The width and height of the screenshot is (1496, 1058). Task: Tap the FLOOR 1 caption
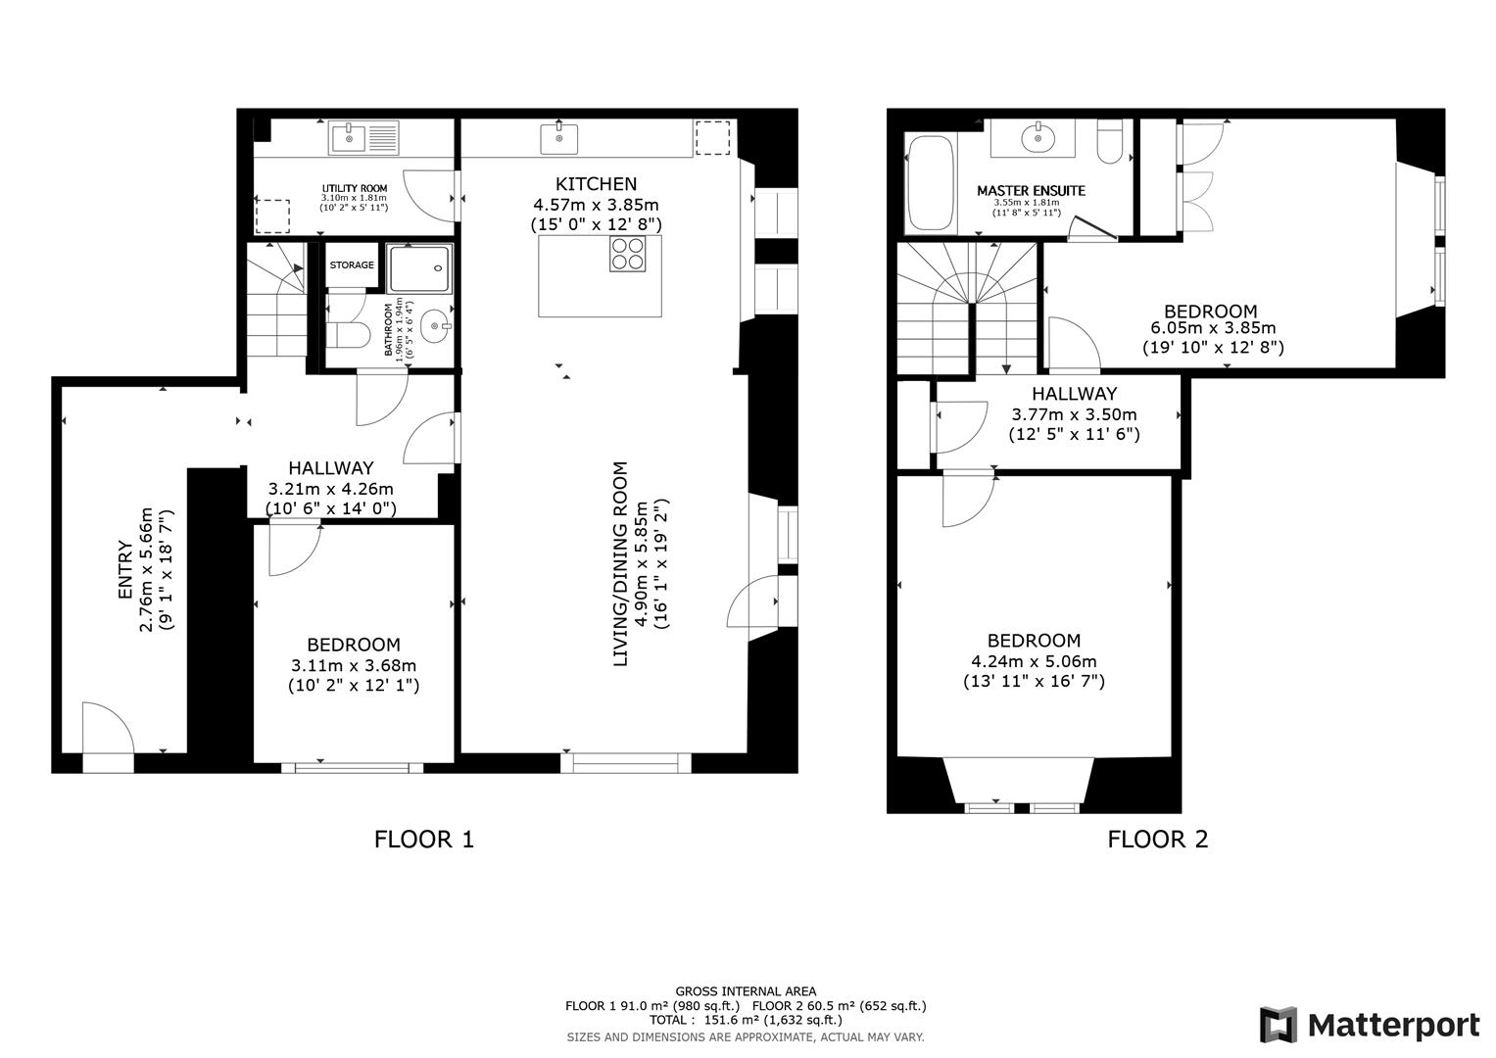click(424, 840)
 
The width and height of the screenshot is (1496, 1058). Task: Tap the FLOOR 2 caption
click(1157, 840)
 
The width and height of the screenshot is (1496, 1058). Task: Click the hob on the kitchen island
click(627, 255)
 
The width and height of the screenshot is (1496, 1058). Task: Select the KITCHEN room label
click(596, 184)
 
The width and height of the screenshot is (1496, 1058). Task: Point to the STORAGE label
click(351, 265)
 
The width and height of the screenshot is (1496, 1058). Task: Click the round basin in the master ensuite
click(1034, 138)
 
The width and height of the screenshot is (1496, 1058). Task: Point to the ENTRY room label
click(124, 570)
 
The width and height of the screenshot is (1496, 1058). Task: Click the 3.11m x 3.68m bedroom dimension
click(353, 665)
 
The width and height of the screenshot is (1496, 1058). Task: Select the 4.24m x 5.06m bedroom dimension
click(1034, 661)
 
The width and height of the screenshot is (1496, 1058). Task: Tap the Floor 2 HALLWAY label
click(1074, 394)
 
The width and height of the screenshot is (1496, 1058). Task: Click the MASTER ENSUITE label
click(1031, 191)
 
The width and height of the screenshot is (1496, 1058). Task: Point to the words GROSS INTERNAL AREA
click(745, 991)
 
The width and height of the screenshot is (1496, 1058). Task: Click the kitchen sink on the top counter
click(559, 138)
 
